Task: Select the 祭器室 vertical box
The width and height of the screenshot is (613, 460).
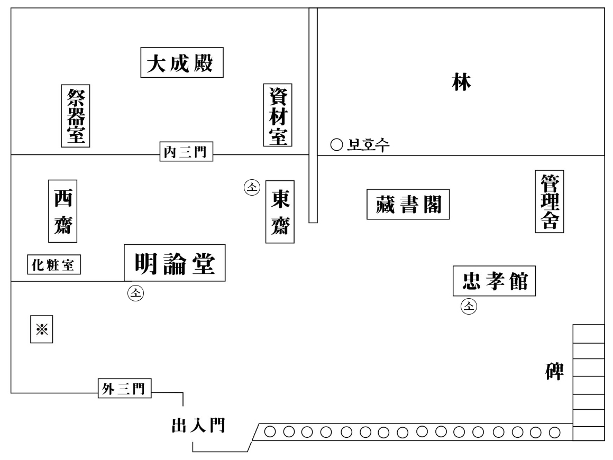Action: pyautogui.click(x=76, y=115)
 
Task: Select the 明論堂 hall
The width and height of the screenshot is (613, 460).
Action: pyautogui.click(x=175, y=263)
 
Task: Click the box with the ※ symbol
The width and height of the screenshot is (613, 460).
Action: pyautogui.click(x=42, y=330)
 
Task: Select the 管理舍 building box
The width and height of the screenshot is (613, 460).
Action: pyautogui.click(x=548, y=201)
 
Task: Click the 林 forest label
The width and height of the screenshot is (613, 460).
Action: pyautogui.click(x=461, y=83)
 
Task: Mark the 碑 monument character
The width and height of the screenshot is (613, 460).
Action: pyautogui.click(x=555, y=372)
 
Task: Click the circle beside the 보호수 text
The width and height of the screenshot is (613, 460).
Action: pyautogui.click(x=334, y=144)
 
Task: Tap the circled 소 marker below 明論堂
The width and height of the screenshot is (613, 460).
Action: pyautogui.click(x=135, y=293)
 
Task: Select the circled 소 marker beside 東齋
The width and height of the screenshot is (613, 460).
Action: pyautogui.click(x=252, y=187)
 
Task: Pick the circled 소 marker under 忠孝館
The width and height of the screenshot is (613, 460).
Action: pyautogui.click(x=469, y=305)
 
